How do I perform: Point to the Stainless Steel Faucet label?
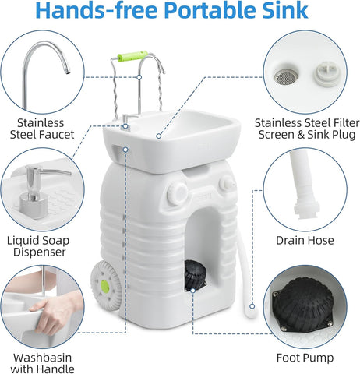(x=40, y=129)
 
